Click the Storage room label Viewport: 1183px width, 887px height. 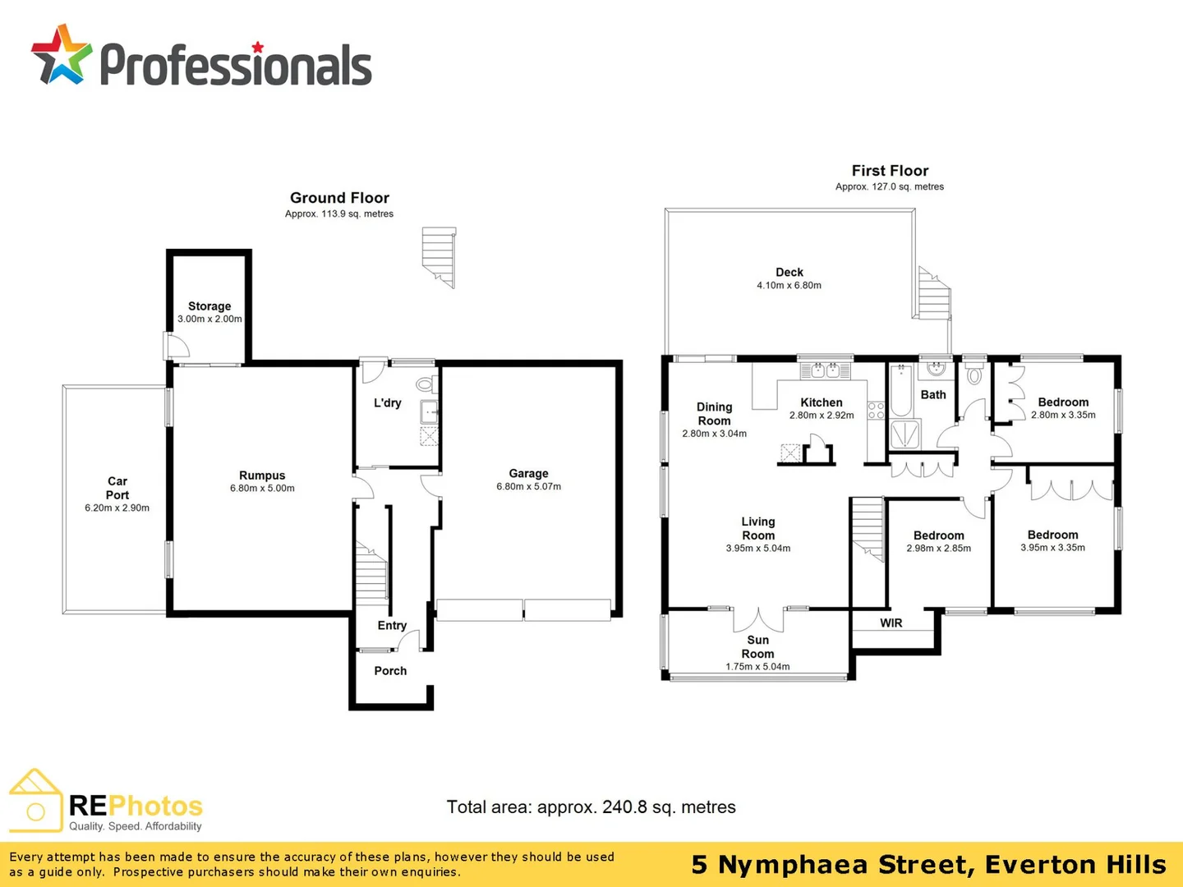[x=209, y=306]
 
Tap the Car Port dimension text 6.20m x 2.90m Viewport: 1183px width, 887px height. [x=117, y=508]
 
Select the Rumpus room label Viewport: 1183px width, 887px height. [x=262, y=476]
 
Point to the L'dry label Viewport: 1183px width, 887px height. [x=388, y=403]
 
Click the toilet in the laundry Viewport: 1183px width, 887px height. [x=425, y=384]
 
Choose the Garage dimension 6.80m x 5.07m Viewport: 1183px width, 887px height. [x=528, y=487]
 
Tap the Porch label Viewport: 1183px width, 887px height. [x=390, y=671]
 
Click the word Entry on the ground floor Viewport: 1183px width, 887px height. [x=392, y=626]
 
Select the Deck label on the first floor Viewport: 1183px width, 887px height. [x=789, y=273]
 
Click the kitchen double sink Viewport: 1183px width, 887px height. [x=825, y=370]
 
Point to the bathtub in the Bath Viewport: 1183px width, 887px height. [x=900, y=392]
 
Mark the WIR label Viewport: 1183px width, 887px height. [x=891, y=623]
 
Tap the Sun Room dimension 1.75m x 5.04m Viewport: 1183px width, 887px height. [x=757, y=667]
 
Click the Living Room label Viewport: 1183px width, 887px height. [x=758, y=528]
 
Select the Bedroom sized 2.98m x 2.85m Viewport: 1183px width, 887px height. [x=939, y=535]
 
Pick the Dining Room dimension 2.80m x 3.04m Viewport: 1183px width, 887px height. [x=714, y=434]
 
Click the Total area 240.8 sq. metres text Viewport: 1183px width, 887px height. [x=591, y=807]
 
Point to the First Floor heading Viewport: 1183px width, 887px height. [x=890, y=171]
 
